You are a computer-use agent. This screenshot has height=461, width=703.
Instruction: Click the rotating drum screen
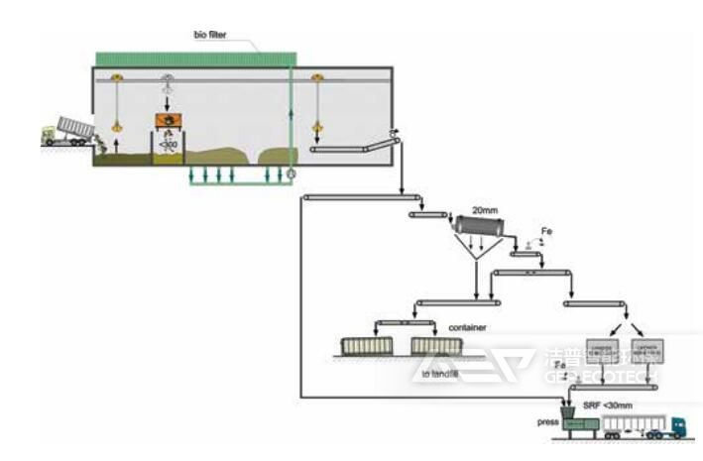point(478,230)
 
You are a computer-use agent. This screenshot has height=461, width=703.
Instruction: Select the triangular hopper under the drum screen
point(479,261)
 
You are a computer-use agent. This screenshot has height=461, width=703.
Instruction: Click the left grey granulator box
point(601,348)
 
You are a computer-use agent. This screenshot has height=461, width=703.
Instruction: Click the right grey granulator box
point(648,348)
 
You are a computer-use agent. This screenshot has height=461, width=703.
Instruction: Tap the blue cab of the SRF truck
point(675,426)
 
